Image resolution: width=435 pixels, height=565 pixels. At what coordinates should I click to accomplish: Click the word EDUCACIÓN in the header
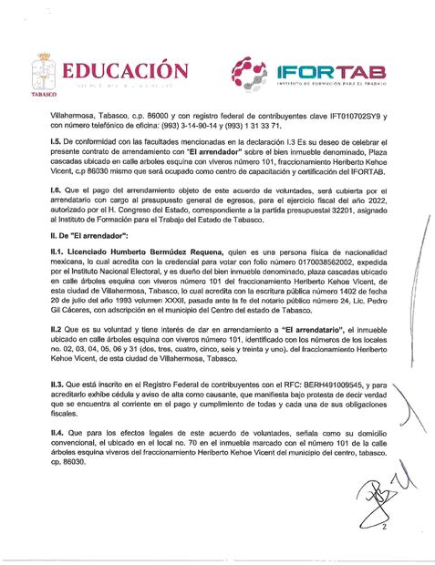click(124, 70)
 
